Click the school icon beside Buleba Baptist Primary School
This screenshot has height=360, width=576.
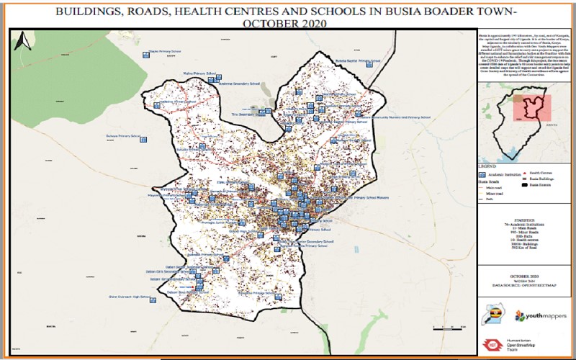(369, 64)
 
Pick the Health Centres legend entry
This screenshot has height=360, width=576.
(540, 173)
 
